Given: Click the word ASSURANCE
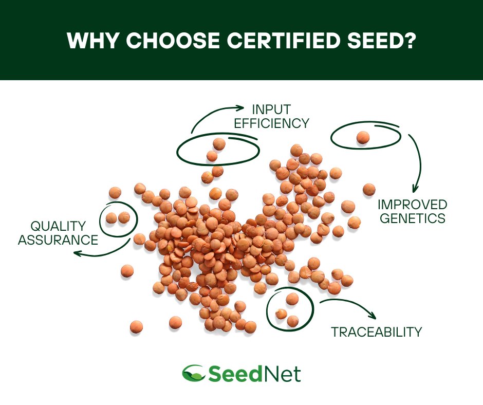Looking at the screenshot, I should pyautogui.click(x=58, y=240).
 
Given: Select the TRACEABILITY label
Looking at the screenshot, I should pyautogui.click(x=376, y=332).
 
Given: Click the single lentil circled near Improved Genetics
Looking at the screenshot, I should pyautogui.click(x=363, y=137).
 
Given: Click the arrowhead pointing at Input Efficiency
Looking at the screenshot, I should pyautogui.click(x=240, y=107).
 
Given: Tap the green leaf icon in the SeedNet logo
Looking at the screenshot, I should pyautogui.click(x=193, y=373).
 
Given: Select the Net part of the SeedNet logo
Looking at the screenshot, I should pyautogui.click(x=283, y=373).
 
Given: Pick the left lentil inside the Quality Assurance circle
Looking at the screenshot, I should pyautogui.click(x=112, y=218).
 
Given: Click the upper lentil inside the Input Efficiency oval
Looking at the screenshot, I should pyautogui.click(x=219, y=143).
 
